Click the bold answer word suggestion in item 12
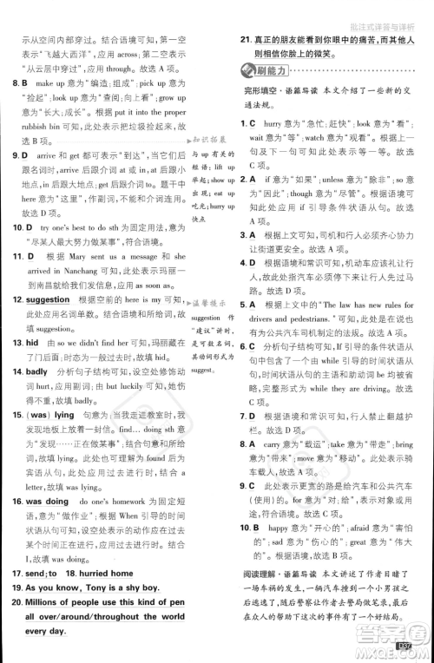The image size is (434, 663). click(44, 299)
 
